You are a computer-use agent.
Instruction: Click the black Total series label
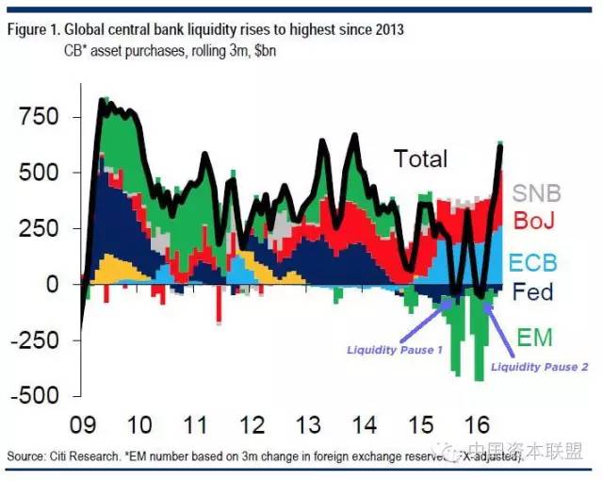pyautogui.click(x=420, y=158)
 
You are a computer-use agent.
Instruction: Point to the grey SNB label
pyautogui.click(x=537, y=194)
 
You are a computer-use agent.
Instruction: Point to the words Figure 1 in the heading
pyautogui.click(x=32, y=29)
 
